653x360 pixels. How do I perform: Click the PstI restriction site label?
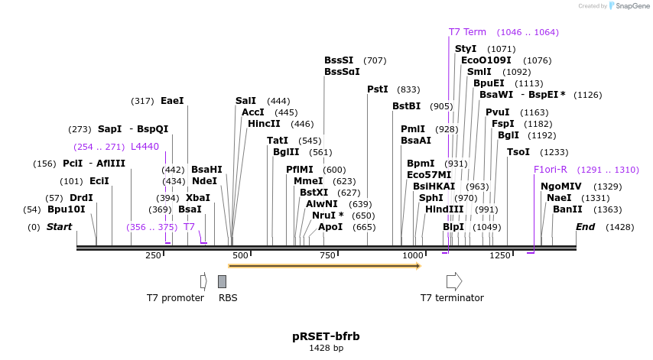click(x=378, y=89)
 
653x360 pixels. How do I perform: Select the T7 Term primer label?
click(x=467, y=32)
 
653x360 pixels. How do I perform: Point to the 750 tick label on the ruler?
click(x=327, y=255)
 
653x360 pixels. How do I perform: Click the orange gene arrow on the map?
click(x=324, y=266)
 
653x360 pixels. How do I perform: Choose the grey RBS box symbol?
click(x=222, y=281)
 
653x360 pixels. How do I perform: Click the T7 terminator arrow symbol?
click(x=454, y=281)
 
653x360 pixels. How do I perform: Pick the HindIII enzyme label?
click(x=444, y=209)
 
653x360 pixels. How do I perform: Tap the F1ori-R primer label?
click(x=551, y=170)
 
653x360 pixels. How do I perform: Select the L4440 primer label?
click(x=145, y=147)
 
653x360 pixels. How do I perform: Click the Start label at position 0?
click(x=59, y=227)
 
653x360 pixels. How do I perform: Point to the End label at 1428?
click(x=585, y=227)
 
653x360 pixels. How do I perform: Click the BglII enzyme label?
click(x=287, y=152)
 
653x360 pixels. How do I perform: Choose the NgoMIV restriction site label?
click(x=561, y=186)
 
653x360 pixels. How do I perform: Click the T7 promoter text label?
click(x=176, y=298)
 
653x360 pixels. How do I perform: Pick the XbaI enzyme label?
click(x=197, y=197)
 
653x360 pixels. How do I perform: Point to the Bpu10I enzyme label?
click(x=67, y=209)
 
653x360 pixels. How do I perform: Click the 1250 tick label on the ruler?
click(x=500, y=255)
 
